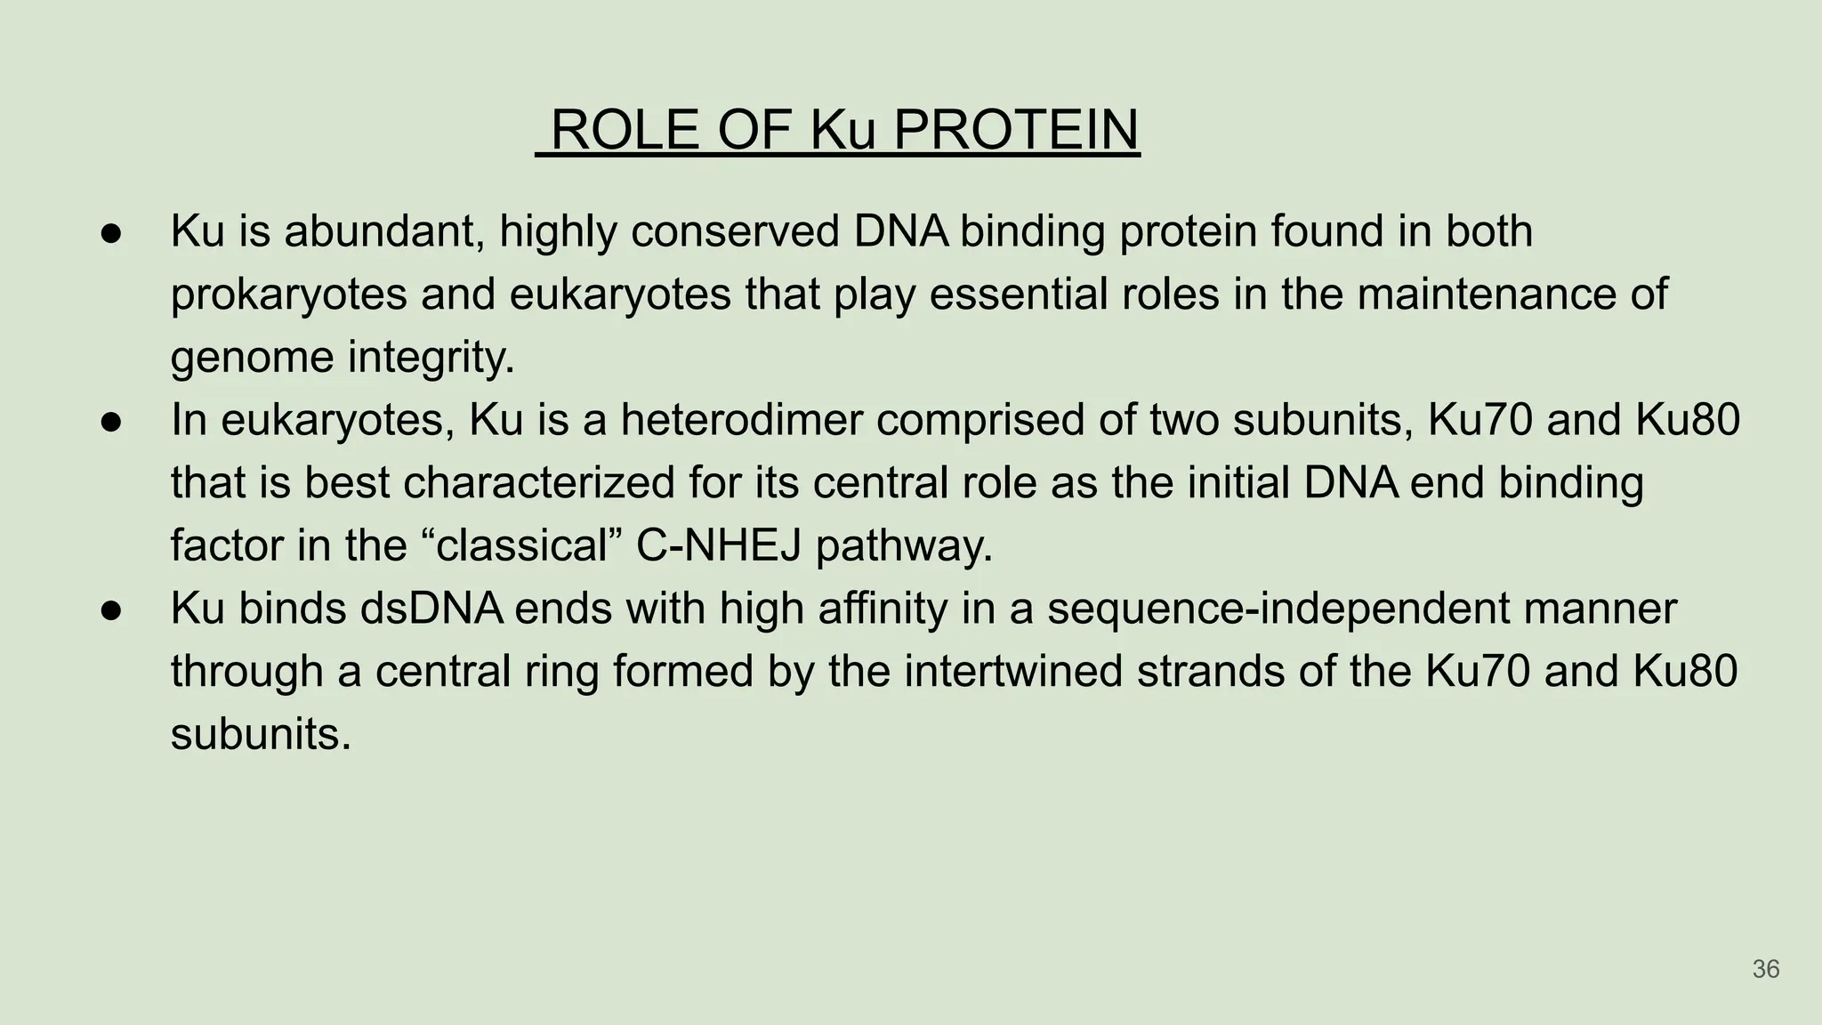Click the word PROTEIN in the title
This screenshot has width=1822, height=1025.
click(x=1015, y=130)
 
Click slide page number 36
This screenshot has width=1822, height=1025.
click(x=1765, y=969)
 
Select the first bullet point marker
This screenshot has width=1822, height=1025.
click(x=111, y=233)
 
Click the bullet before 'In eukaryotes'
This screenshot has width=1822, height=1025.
click(x=111, y=422)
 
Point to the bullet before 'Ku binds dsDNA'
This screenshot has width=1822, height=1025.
click(x=111, y=610)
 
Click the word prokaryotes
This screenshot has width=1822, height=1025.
click(x=288, y=295)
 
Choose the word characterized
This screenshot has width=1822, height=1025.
click(x=538, y=483)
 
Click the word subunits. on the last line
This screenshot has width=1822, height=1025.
click(x=261, y=735)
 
